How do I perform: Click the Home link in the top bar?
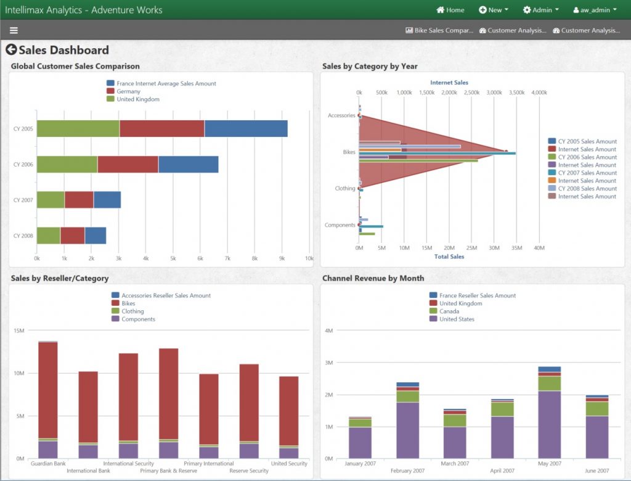click(450, 10)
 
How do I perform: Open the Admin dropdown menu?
click(540, 10)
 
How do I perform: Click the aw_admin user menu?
click(595, 10)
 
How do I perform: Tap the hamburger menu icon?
click(14, 30)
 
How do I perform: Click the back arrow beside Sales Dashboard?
click(11, 50)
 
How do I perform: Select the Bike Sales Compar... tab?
click(439, 30)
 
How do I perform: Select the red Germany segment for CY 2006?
click(128, 164)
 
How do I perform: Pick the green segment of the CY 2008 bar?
click(48, 236)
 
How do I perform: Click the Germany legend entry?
click(128, 91)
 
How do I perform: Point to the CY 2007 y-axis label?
click(23, 200)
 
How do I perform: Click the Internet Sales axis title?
click(449, 83)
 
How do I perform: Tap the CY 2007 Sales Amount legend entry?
click(587, 173)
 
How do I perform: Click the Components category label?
click(340, 225)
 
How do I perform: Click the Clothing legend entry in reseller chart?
click(132, 311)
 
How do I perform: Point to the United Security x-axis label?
click(289, 464)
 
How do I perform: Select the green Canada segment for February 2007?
click(407, 396)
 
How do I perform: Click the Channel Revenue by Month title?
click(373, 278)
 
